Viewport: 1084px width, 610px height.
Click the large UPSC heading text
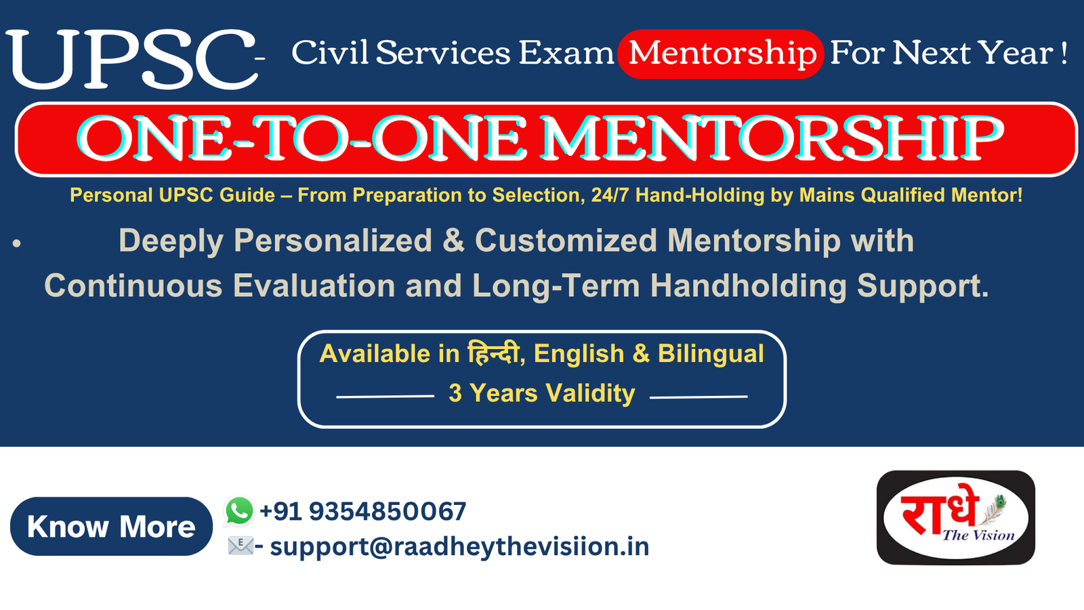tap(131, 58)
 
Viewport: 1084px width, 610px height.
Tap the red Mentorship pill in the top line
tap(721, 54)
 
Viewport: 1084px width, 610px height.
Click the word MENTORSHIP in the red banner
tap(772, 138)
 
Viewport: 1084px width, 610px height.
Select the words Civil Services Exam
tap(453, 52)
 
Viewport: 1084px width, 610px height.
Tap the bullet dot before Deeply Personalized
tap(17, 243)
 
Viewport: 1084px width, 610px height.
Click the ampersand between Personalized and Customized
tap(453, 241)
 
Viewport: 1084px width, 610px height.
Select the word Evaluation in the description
tap(314, 285)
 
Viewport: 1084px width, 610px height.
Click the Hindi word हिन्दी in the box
tap(493, 352)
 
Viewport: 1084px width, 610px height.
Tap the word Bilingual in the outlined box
tap(711, 354)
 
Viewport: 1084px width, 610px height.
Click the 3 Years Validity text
tap(541, 392)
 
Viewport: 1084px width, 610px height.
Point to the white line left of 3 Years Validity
tap(385, 396)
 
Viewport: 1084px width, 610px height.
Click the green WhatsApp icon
tap(239, 511)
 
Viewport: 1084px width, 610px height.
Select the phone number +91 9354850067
tap(363, 511)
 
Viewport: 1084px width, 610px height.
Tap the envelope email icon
tap(241, 546)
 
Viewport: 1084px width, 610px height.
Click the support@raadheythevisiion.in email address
tap(459, 547)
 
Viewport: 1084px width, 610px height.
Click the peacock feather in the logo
tap(993, 510)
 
